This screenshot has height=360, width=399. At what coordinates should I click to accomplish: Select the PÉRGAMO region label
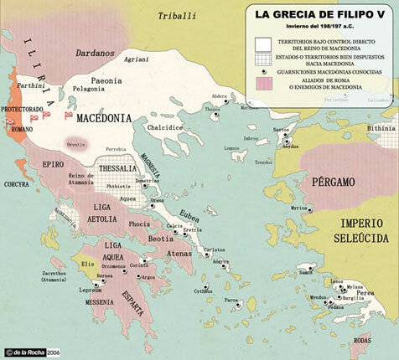pyautogui.click(x=331, y=182)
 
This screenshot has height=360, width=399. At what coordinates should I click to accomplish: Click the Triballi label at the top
pyautogui.click(x=181, y=15)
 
